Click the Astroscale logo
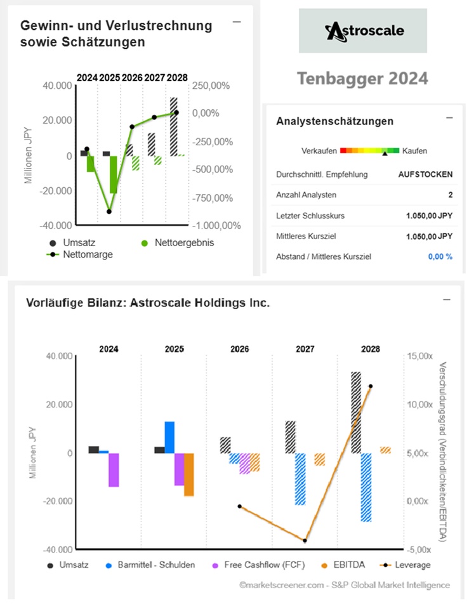[x=363, y=30]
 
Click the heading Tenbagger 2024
[x=362, y=79]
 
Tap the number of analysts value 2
[x=450, y=195]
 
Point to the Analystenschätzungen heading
[x=335, y=121]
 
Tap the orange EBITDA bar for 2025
[x=189, y=474]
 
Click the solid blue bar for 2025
[x=169, y=436]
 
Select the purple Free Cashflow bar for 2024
[x=114, y=469]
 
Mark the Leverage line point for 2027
[x=305, y=540]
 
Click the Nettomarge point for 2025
[x=109, y=211]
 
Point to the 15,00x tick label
[x=421, y=357]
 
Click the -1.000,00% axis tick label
[x=218, y=225]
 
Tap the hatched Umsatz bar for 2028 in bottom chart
[x=357, y=412]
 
